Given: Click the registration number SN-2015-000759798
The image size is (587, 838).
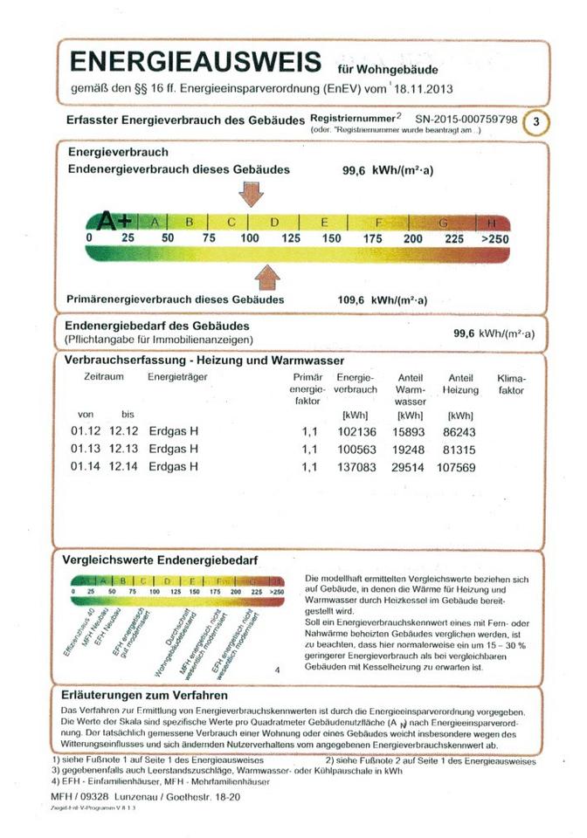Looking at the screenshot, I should [466, 118].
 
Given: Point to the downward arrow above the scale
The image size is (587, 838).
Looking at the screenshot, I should [251, 192].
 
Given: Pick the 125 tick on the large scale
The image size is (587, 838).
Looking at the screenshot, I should [291, 238].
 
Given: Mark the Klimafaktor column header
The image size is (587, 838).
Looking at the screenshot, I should [511, 385].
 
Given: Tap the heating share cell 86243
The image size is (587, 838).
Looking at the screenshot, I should [460, 431].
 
